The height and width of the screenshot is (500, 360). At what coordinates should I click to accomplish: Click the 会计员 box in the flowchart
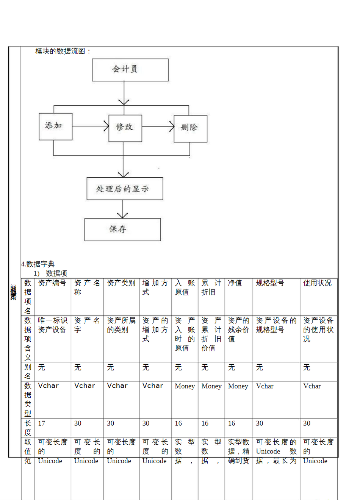(x=130, y=70)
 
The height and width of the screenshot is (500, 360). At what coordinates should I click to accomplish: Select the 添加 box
(x=55, y=126)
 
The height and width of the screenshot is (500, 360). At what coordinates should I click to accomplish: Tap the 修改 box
(x=125, y=128)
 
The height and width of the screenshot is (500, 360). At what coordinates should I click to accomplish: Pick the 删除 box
(x=190, y=128)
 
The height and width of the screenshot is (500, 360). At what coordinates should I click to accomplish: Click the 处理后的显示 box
(x=125, y=189)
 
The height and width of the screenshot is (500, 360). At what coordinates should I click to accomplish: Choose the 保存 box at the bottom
(x=122, y=229)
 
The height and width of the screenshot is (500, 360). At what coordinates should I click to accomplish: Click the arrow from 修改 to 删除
(x=158, y=127)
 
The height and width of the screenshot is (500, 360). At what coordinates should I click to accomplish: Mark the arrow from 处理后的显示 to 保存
(x=122, y=209)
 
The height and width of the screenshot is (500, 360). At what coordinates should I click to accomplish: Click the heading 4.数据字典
(x=38, y=264)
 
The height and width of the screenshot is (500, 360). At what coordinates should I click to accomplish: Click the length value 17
(x=42, y=423)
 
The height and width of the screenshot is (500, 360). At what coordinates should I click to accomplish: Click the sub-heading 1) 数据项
(x=51, y=273)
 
